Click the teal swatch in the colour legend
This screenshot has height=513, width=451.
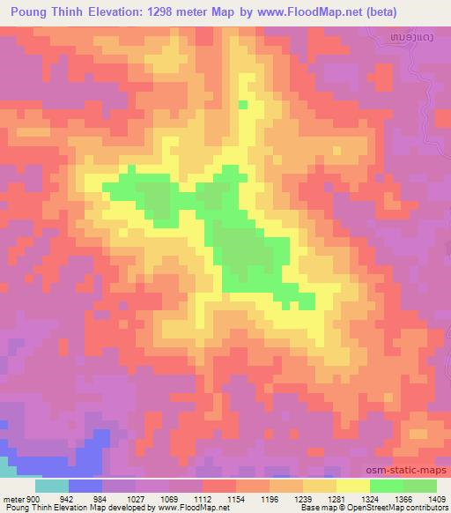[x=52, y=486]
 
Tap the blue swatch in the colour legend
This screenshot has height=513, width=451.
[x=85, y=486]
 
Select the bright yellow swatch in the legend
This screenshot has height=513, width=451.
[x=353, y=486]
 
